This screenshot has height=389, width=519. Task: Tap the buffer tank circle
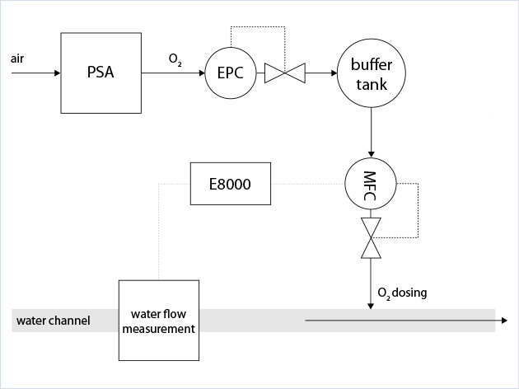(x=371, y=74)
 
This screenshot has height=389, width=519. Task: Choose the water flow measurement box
(x=158, y=321)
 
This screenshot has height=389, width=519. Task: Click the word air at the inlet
(x=17, y=59)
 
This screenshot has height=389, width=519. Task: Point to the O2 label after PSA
(x=175, y=59)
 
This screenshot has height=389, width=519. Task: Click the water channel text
(x=52, y=321)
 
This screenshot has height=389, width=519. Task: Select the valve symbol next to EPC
(x=284, y=74)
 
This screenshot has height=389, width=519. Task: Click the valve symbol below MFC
(x=372, y=238)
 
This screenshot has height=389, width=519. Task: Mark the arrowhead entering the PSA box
(x=56, y=73)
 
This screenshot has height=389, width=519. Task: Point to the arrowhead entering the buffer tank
(x=333, y=74)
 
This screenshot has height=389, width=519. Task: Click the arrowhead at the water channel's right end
(x=501, y=321)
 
